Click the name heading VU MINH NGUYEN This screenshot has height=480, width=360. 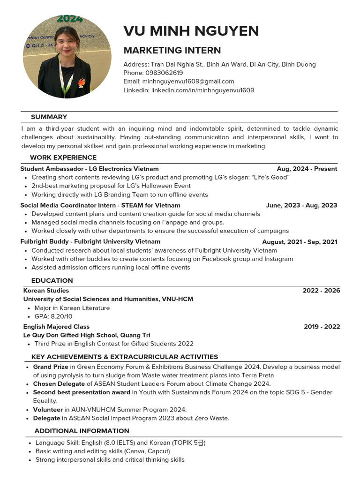[191, 31]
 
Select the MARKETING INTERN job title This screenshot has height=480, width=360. [172, 50]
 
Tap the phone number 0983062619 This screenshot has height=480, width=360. [164, 73]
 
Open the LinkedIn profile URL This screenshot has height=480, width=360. [202, 90]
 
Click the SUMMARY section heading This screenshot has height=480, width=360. [49, 117]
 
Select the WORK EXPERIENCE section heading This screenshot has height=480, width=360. [63, 157]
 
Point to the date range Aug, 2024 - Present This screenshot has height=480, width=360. [307, 169]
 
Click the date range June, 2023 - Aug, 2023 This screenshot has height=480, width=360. [301, 205]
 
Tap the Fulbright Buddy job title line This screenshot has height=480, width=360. [90, 242]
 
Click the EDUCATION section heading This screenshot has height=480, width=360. [52, 280]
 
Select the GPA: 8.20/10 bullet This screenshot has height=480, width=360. [53, 317]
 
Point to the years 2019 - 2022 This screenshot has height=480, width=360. [322, 327]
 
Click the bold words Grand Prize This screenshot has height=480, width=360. [51, 367]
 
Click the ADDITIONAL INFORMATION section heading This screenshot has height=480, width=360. [82, 431]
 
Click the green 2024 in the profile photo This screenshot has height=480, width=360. [70, 19]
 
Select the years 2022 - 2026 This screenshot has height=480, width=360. [321, 291]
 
